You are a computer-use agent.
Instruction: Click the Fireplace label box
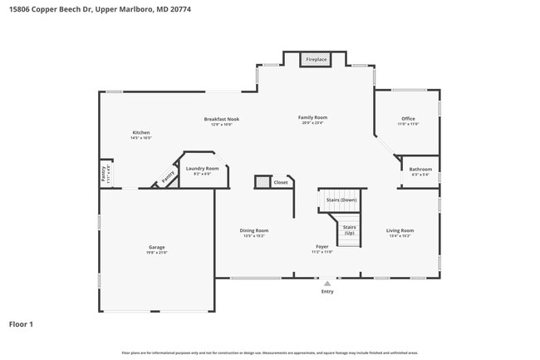point(317,60)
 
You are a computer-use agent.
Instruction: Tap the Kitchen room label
point(141,133)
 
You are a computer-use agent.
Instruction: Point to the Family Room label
point(313,118)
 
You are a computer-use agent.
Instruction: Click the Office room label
point(408,119)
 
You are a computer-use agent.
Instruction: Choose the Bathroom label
point(420,170)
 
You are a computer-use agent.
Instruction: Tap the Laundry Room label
point(207,168)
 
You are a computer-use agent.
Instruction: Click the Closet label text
point(281,182)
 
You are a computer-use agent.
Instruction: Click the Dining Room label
point(255,230)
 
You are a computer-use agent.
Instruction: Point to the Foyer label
point(322,246)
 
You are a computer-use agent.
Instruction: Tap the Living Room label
point(400,230)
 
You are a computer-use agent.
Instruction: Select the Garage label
point(156,247)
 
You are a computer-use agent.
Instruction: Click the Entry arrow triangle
point(327,284)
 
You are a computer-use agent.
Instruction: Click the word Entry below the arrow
point(327,291)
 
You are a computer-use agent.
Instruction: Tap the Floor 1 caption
point(21,323)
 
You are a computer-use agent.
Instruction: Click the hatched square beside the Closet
point(262,181)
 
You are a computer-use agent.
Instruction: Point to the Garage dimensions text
point(156,252)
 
